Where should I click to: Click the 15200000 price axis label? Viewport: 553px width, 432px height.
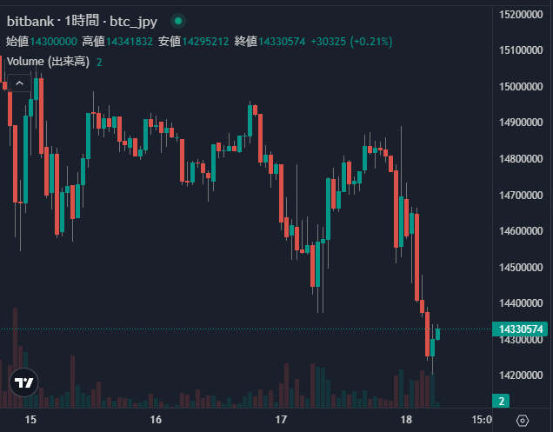(522, 14)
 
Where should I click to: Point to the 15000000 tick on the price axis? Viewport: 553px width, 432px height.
(522, 86)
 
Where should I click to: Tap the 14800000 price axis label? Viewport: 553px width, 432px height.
(522, 159)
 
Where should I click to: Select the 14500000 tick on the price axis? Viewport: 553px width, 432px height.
(522, 267)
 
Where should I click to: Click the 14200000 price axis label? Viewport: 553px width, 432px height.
(522, 375)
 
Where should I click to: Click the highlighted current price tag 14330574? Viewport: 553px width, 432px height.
(521, 329)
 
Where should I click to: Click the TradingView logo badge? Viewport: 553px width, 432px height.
(25, 382)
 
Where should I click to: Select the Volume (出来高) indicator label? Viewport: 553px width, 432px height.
(48, 62)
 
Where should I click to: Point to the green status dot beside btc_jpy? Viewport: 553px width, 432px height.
(178, 20)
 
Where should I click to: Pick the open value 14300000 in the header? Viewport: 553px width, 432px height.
(54, 41)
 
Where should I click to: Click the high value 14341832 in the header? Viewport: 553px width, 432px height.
(130, 41)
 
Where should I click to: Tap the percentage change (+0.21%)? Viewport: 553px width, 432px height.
(371, 41)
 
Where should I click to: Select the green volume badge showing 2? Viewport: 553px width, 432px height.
(502, 401)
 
